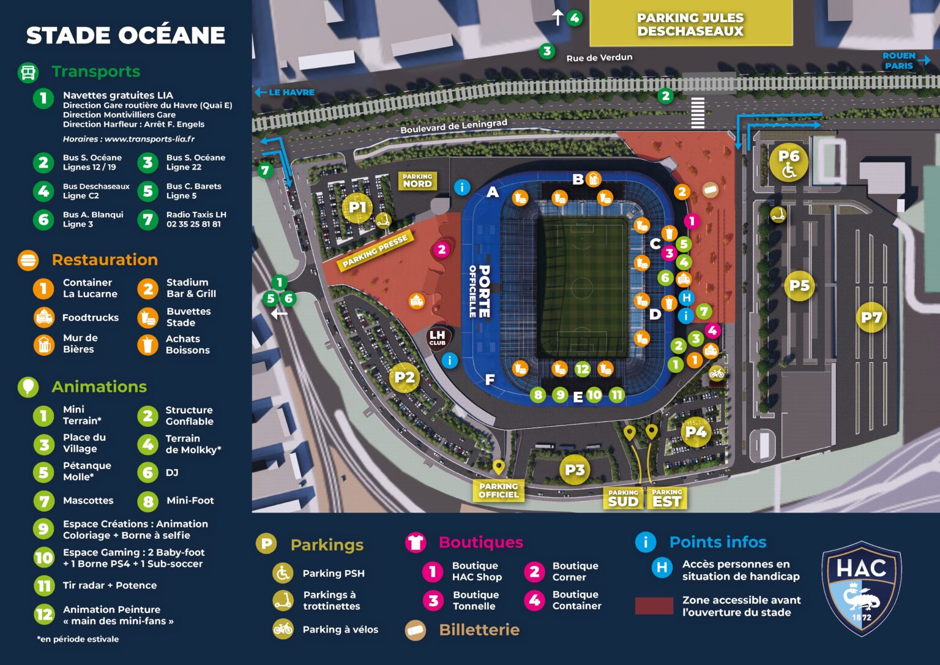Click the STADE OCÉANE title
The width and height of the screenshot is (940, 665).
(125, 36)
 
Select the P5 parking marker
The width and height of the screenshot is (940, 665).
(799, 285)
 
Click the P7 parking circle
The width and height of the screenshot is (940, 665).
(871, 317)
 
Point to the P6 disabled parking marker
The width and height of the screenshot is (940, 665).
(789, 163)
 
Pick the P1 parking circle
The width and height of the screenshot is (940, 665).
(357, 208)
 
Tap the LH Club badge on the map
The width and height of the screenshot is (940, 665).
(438, 337)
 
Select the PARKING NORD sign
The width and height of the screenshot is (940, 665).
(417, 181)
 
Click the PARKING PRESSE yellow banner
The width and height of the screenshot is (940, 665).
(375, 251)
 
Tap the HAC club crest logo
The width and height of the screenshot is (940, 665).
(861, 588)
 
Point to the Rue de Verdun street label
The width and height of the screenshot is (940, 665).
(599, 58)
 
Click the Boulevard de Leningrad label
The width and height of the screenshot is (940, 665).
(453, 126)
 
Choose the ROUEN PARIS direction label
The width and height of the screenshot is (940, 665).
(898, 61)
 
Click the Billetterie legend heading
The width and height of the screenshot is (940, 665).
(479, 629)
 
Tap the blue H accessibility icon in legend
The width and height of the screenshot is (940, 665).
(662, 568)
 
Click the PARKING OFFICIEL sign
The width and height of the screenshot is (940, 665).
(498, 490)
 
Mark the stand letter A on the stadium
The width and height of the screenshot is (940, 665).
(493, 192)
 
